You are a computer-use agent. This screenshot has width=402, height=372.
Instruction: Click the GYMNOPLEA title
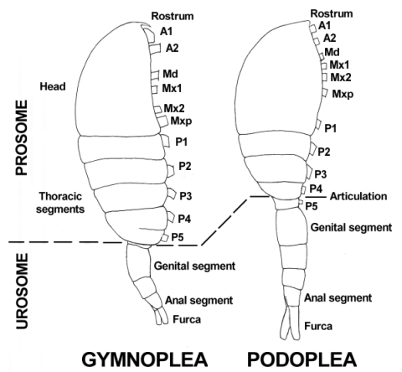[145, 359]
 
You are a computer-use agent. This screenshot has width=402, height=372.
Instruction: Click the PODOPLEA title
[302, 359]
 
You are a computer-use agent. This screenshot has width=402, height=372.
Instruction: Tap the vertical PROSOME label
[22, 137]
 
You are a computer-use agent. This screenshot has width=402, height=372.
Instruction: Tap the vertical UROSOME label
[22, 291]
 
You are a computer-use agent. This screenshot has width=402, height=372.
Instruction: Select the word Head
[53, 86]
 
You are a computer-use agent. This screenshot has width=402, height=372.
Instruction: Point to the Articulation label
[358, 196]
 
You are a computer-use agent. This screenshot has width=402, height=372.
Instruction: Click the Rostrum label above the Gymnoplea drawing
[173, 16]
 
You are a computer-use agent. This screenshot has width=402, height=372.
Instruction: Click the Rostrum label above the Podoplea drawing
[332, 13]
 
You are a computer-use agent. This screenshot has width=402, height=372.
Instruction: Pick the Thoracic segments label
[60, 203]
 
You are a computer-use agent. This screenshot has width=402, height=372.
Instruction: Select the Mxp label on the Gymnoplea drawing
[181, 121]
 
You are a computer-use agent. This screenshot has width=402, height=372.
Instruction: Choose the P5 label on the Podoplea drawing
[312, 206]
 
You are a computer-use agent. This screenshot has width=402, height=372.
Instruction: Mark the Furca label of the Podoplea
[318, 326]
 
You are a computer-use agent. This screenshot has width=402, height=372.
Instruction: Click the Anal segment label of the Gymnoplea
[198, 301]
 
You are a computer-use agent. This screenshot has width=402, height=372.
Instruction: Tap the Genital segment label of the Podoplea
[351, 227]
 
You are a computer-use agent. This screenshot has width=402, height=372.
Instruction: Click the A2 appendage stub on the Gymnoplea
[155, 49]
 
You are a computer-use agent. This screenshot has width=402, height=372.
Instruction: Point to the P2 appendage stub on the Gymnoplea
[171, 171]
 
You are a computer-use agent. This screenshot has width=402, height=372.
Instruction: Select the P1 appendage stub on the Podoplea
[318, 124]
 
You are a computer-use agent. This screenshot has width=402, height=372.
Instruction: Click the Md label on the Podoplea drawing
[332, 52]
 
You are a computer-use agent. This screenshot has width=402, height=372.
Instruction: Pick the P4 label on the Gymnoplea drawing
[184, 219]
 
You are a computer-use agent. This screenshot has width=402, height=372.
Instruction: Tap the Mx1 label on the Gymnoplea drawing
[172, 89]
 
